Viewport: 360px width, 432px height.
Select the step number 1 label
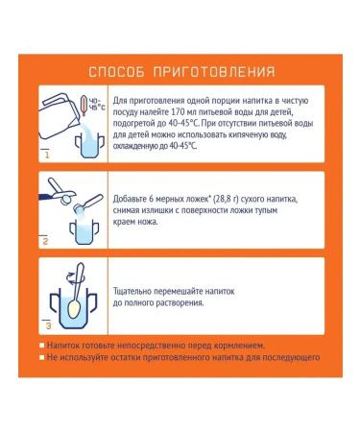coord(45,154)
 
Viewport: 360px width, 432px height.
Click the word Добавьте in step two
coord(134,196)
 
